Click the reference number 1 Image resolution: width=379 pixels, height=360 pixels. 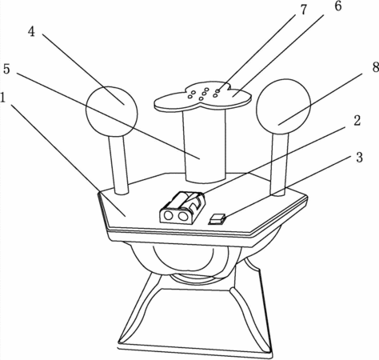pos(2,98)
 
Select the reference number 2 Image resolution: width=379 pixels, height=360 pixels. pos(357,121)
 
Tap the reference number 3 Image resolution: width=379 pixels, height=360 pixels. pos(360,158)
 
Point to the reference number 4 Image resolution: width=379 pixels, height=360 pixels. pos(31,32)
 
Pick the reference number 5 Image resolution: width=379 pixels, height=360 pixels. pos(6,69)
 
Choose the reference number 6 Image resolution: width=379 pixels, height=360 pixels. pos(338,6)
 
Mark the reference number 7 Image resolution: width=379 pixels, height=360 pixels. pos(303,10)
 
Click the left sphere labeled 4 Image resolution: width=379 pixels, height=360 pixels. pos(112,111)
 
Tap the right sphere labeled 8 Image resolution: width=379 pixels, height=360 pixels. pos(283,106)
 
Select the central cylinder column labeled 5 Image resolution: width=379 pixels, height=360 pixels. pos(205,146)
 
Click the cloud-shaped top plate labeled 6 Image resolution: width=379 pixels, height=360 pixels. pos(203,97)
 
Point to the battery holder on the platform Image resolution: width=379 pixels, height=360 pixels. pos(182,207)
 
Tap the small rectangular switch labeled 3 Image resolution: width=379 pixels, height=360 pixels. pos(217,219)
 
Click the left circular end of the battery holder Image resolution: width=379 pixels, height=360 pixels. pos(169,215)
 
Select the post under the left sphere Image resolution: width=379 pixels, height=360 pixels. pos(118,165)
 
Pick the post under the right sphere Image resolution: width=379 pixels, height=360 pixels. pos(279,165)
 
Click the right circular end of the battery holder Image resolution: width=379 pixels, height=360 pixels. pos(183,216)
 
